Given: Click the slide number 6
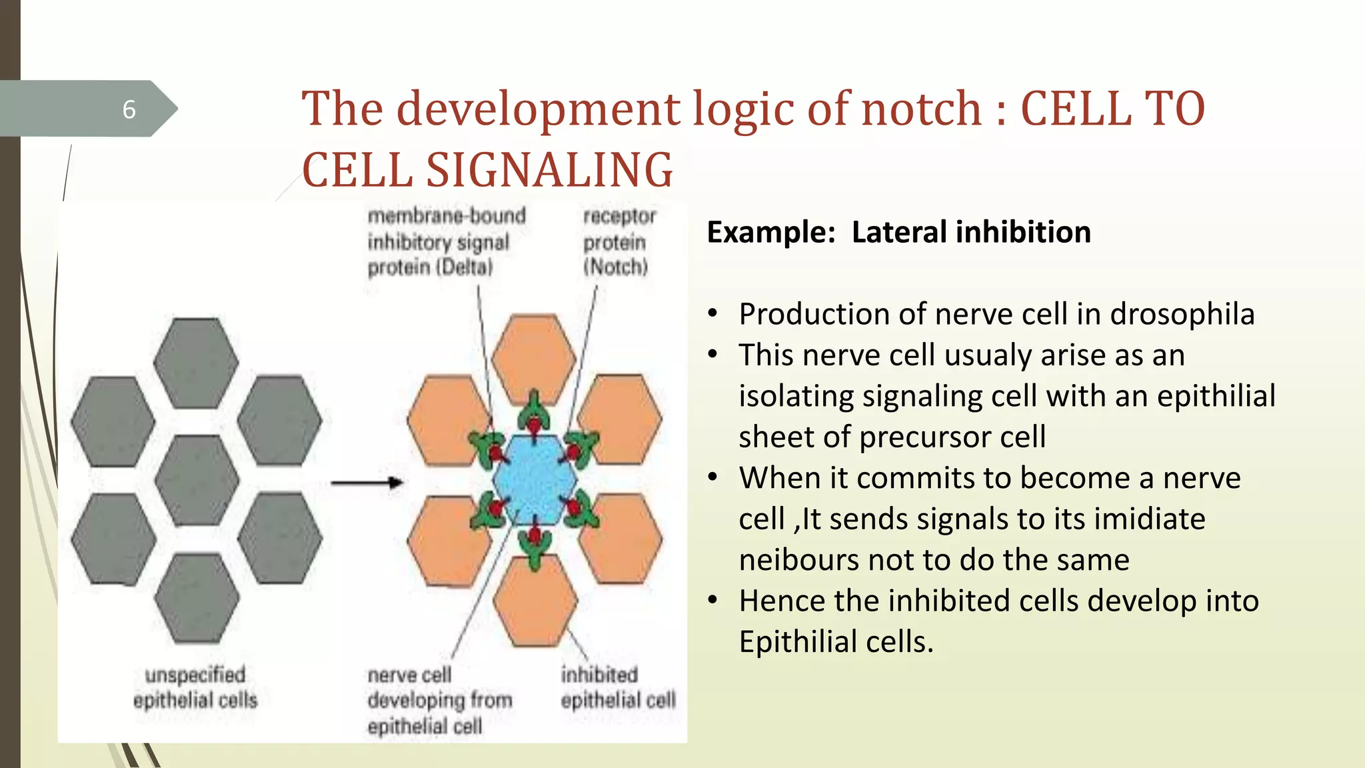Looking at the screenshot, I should coord(129,109).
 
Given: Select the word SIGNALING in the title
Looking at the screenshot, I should coord(549,170).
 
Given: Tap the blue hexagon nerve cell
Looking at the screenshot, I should coord(535,480).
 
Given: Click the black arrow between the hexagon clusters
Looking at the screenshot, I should coord(367,483).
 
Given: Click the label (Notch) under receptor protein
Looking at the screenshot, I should coord(615,267).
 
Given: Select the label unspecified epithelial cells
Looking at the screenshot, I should coord(195,687).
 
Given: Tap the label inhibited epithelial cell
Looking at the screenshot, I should coord(618,687).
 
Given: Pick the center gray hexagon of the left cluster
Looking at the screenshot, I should coord(197,480).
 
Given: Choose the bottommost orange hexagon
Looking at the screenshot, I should coord(535,600).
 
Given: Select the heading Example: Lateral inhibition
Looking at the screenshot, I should coord(898,232).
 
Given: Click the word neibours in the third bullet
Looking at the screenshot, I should coord(798,560).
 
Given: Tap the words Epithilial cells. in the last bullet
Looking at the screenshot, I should coord(836,642).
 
